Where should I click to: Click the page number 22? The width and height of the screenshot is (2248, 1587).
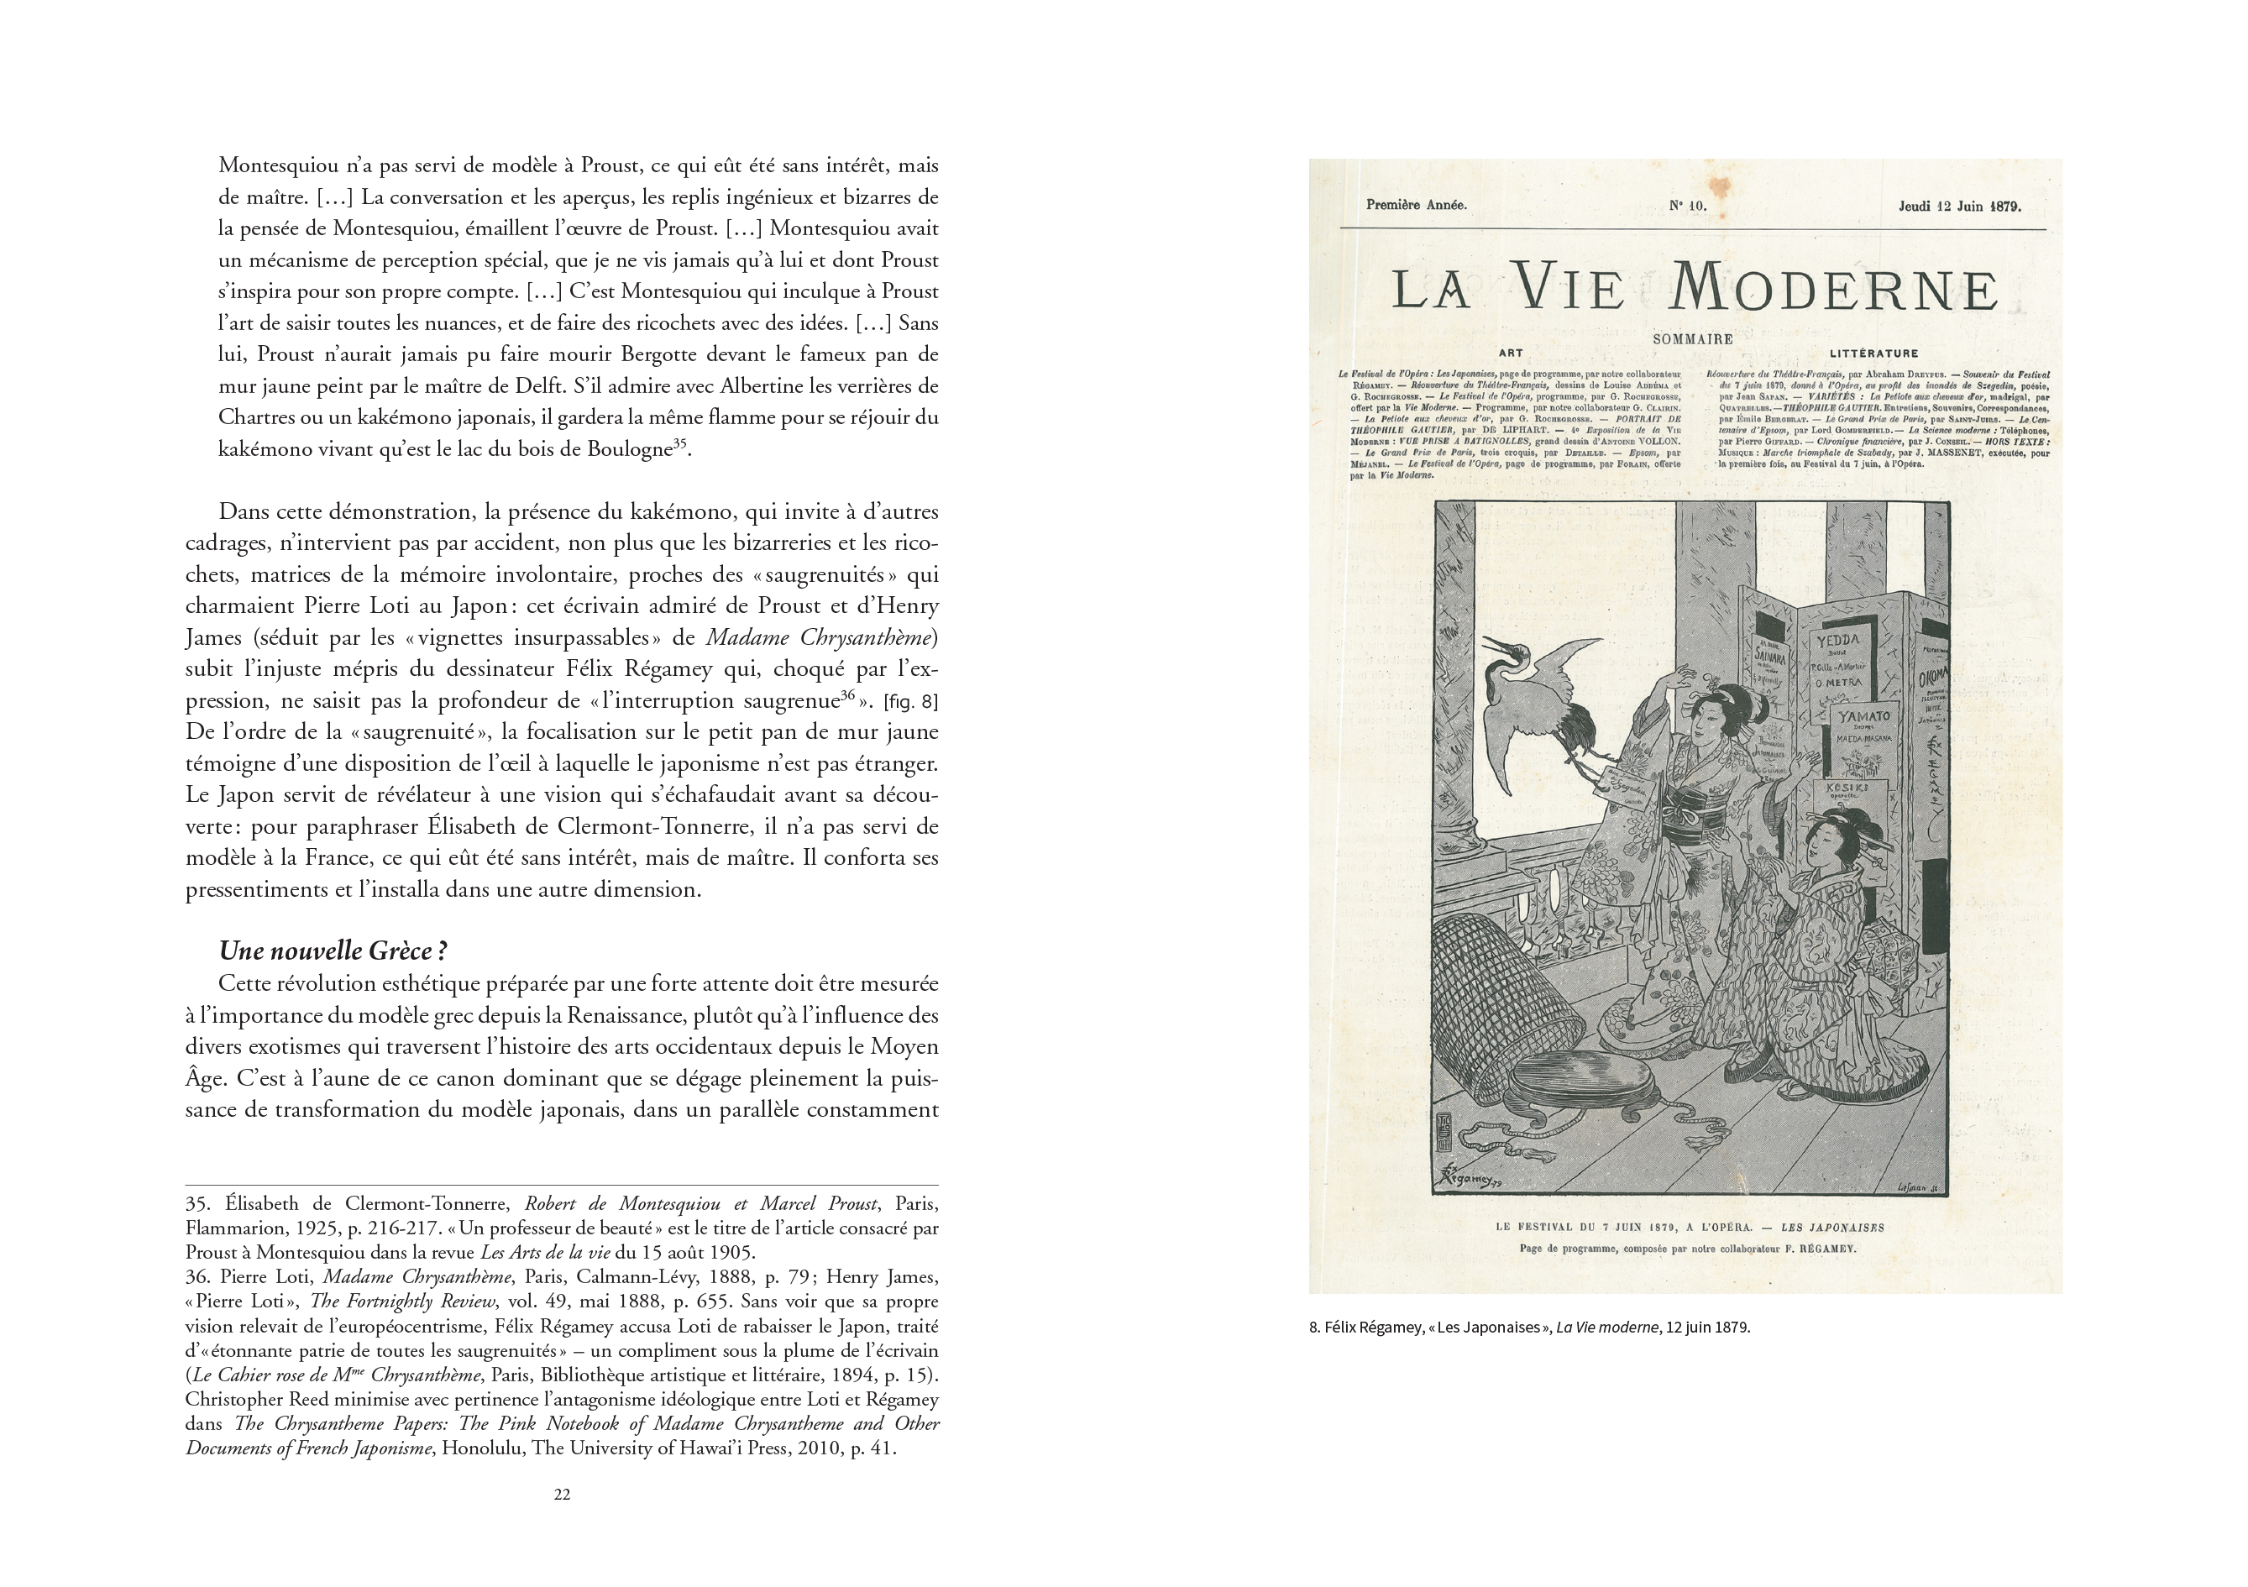(x=562, y=1494)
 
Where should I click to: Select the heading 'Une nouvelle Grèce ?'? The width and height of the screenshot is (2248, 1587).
(x=333, y=951)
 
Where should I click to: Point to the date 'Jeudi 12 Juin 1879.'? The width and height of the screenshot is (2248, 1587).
(x=1959, y=207)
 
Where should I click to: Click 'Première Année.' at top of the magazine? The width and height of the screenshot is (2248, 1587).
(x=1416, y=206)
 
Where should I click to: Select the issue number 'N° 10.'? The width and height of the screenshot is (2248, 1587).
(x=1687, y=207)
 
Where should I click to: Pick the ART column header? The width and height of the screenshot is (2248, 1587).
(x=1511, y=354)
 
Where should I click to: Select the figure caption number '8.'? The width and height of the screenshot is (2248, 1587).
(x=1314, y=1328)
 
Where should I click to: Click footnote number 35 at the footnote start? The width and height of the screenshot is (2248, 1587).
(x=198, y=1204)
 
